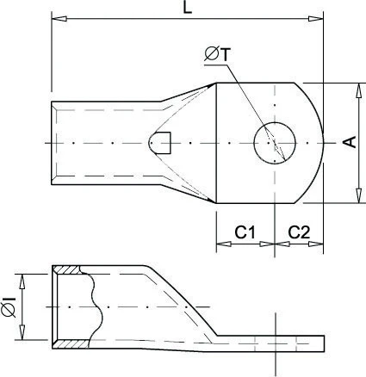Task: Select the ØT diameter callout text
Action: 216,55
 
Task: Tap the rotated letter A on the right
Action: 348,142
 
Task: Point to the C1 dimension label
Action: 245,232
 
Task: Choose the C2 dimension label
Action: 299,232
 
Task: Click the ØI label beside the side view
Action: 9,306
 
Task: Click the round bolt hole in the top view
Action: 274,142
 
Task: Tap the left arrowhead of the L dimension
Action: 57,18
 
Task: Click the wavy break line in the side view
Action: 96,306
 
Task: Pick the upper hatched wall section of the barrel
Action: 69,269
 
